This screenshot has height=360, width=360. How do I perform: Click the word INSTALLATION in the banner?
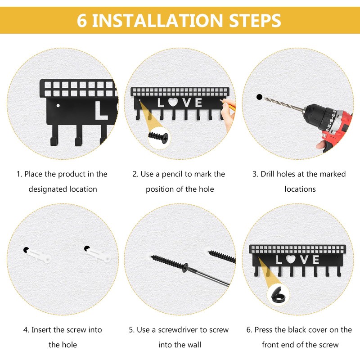[157, 21]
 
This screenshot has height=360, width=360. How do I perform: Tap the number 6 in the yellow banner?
[82, 21]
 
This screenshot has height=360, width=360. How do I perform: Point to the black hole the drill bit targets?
[260, 97]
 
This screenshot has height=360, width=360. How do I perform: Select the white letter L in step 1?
[101, 111]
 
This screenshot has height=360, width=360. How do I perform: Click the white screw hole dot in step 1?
[58, 106]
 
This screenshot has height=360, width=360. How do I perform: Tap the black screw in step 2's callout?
[158, 137]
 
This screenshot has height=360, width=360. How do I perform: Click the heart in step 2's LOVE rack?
[173, 102]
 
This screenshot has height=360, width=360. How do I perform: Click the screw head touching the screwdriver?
[185, 268]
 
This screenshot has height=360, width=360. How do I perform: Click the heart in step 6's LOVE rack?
[291, 259]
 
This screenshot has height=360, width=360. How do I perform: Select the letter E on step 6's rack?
[315, 260]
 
